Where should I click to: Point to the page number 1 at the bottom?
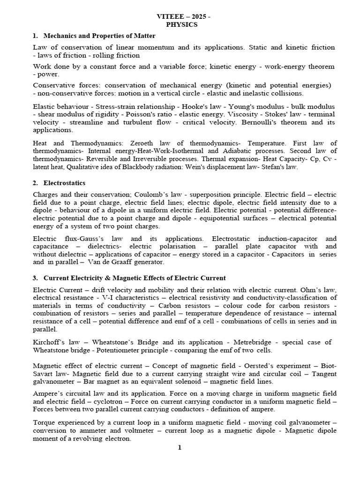[179, 448]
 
